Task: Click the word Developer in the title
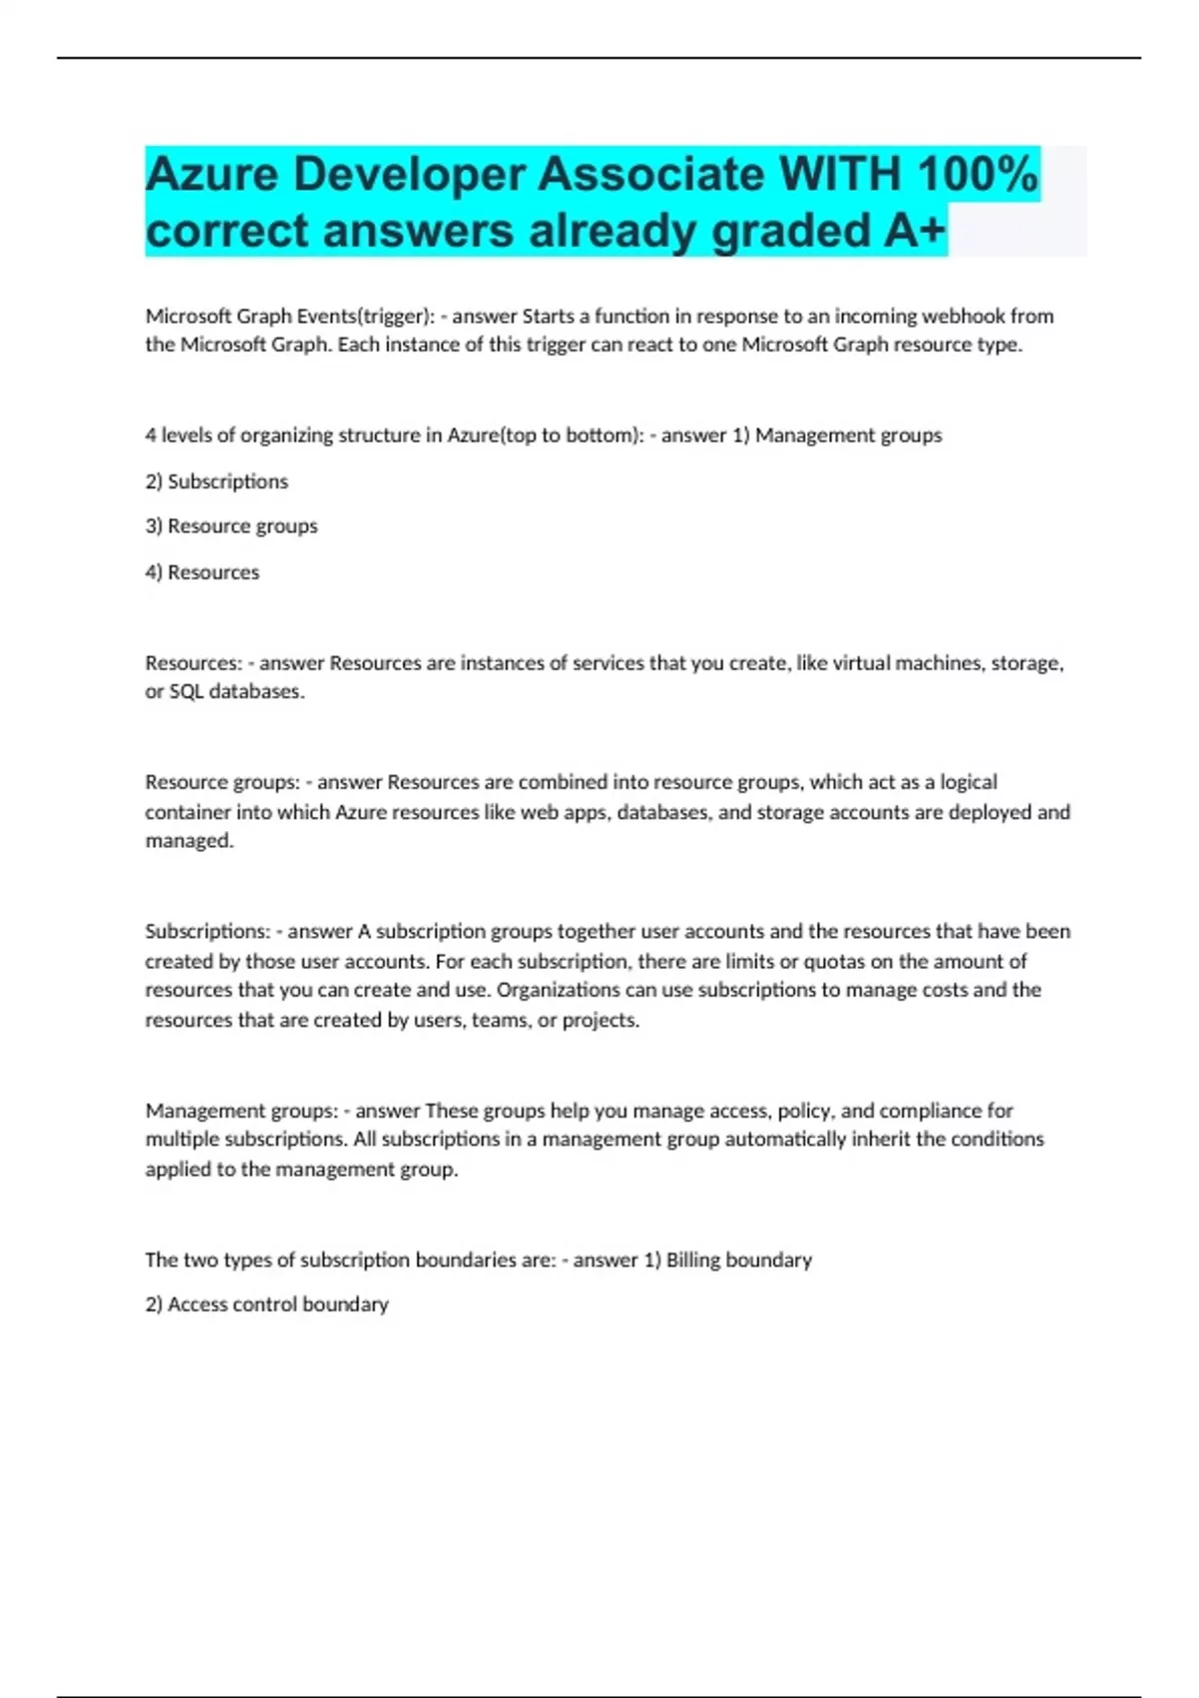coord(409,175)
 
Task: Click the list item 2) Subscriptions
coord(217,481)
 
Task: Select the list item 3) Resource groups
coord(232,526)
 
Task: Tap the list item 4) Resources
coord(203,572)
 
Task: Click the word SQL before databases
coord(186,691)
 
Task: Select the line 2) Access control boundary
coord(267,1304)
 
